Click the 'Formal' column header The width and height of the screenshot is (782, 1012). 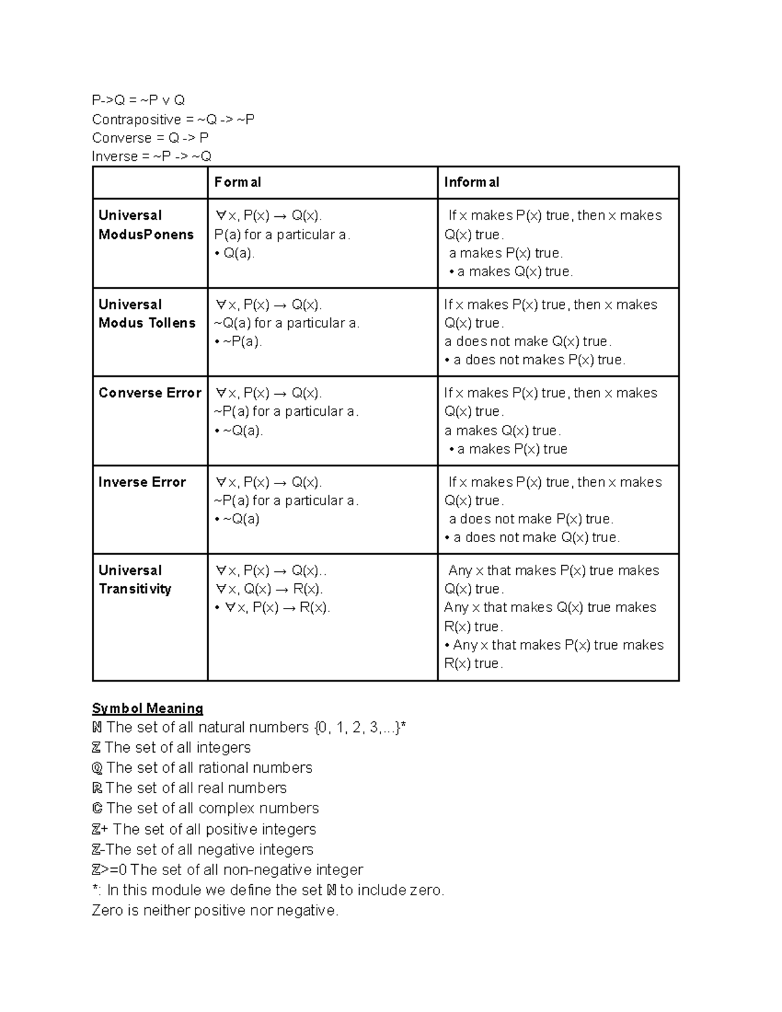pos(237,182)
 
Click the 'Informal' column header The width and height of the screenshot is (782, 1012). pos(471,182)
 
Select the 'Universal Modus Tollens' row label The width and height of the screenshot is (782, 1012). pos(147,313)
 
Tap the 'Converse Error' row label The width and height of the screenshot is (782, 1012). pos(149,393)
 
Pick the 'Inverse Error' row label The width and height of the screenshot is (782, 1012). pos(141,482)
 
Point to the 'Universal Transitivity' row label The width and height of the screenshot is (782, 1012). pos(134,579)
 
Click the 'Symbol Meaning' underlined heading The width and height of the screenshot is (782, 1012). pos(147,708)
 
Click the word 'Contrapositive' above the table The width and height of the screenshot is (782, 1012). pos(136,119)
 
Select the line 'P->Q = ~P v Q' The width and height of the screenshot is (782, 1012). pos(138,100)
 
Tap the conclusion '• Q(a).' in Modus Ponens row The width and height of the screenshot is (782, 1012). pos(235,253)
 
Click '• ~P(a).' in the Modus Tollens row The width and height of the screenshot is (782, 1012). pos(238,341)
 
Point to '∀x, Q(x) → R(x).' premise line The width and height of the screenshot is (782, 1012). pos(268,589)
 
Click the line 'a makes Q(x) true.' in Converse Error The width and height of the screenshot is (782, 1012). pos(502,431)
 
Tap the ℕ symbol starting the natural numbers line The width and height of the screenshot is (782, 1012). pos(97,727)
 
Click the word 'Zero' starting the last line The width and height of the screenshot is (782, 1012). pos(107,910)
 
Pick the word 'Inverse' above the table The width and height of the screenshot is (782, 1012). pos(115,156)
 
